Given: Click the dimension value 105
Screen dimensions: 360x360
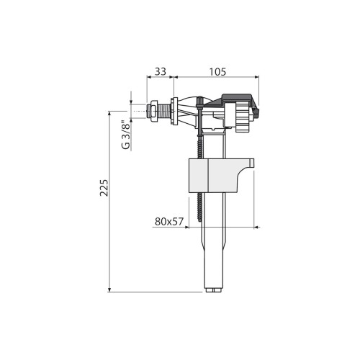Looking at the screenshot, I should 217,71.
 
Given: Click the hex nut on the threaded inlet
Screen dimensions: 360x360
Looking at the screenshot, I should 152,111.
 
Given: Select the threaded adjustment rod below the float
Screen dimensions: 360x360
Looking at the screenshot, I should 201,209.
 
